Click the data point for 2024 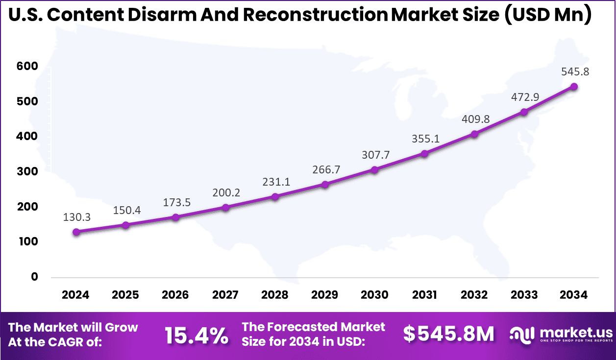76,232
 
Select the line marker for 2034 574,87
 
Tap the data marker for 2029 325,185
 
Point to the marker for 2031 424,154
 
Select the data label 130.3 76,217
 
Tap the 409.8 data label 474,119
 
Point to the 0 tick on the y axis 34,277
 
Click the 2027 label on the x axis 225,295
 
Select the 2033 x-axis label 524,295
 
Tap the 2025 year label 125,295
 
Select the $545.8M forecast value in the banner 448,334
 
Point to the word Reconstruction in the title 315,15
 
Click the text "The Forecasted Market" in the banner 314,327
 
